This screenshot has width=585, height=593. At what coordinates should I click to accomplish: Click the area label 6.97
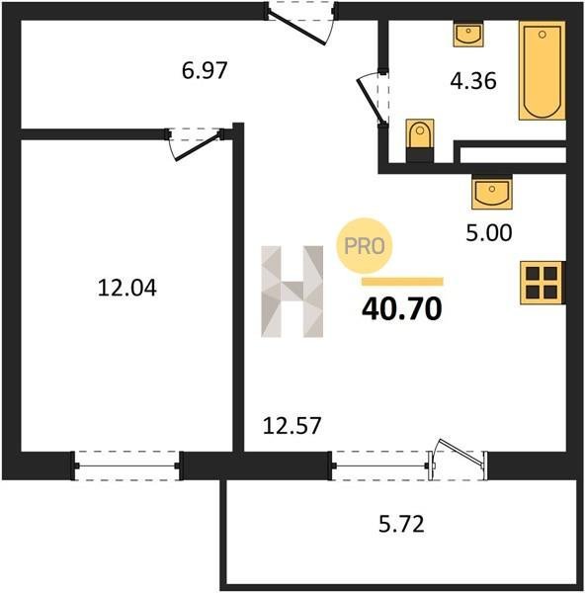pyautogui.click(x=205, y=70)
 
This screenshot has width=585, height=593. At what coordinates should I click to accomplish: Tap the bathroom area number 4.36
pyautogui.click(x=473, y=81)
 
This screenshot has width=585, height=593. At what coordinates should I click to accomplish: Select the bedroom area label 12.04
pyautogui.click(x=127, y=288)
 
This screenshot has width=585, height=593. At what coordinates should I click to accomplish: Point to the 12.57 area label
pyautogui.click(x=292, y=425)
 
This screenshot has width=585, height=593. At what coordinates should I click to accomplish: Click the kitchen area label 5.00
pyautogui.click(x=489, y=232)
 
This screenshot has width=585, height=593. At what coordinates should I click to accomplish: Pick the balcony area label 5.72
pyautogui.click(x=401, y=524)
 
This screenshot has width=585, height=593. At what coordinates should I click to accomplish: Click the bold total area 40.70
pyautogui.click(x=402, y=308)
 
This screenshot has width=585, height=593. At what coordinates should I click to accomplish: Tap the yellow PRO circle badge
pyautogui.click(x=365, y=246)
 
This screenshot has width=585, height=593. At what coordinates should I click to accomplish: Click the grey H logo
pyautogui.click(x=292, y=292)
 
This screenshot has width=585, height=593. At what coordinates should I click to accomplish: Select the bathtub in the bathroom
pyautogui.click(x=543, y=70)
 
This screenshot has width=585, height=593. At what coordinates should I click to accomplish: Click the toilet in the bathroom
pyautogui.click(x=420, y=140)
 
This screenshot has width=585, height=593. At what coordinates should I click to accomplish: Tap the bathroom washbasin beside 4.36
pyautogui.click(x=468, y=35)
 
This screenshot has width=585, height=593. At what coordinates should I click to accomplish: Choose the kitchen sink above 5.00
pyautogui.click(x=491, y=193)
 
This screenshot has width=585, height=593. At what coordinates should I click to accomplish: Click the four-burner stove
pyautogui.click(x=543, y=283)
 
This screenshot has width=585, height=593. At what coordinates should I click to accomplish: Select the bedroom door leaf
pyautogui.click(x=198, y=146)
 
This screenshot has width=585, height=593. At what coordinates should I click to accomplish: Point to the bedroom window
pyautogui.click(x=127, y=466)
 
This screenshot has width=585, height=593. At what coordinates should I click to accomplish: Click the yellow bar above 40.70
pyautogui.click(x=402, y=282)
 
